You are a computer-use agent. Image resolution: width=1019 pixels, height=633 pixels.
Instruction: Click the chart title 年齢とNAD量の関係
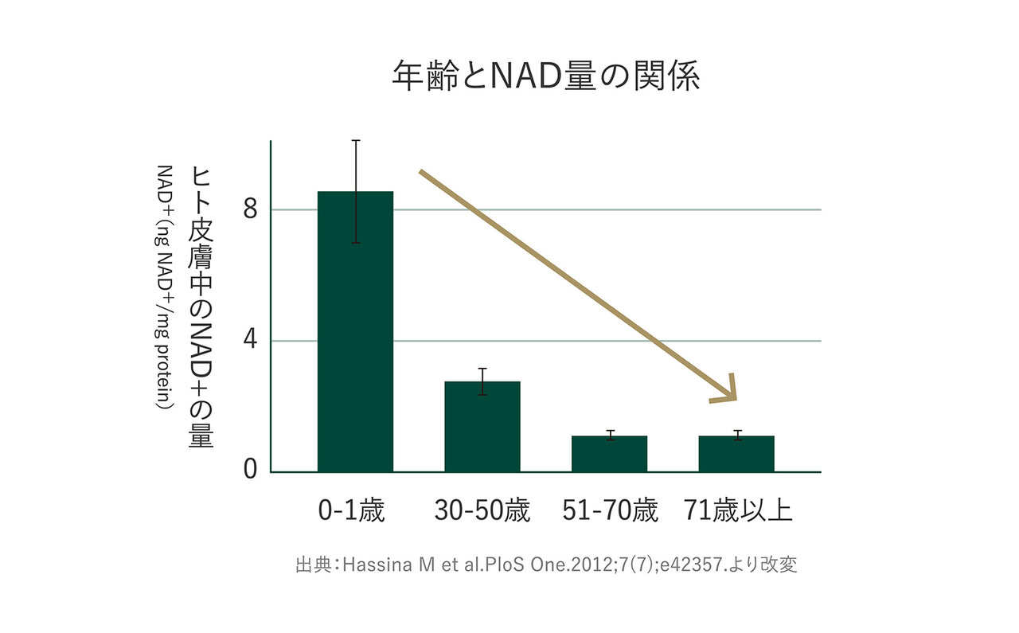(546, 76)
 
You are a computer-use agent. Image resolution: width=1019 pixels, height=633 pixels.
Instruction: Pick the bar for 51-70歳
(609, 454)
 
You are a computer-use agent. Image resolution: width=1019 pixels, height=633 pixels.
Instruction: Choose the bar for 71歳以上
(736, 454)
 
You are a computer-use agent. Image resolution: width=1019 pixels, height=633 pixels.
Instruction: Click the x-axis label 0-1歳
(351, 510)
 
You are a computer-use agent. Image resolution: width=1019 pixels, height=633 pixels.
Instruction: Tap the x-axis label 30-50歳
(482, 510)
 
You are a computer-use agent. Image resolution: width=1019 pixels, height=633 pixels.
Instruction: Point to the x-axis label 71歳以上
(738, 510)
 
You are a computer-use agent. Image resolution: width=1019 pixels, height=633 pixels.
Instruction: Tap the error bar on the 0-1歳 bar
(356, 191)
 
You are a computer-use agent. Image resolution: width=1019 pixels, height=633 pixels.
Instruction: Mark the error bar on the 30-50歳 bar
(482, 381)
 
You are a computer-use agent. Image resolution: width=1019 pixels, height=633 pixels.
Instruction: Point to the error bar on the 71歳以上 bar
(737, 435)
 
